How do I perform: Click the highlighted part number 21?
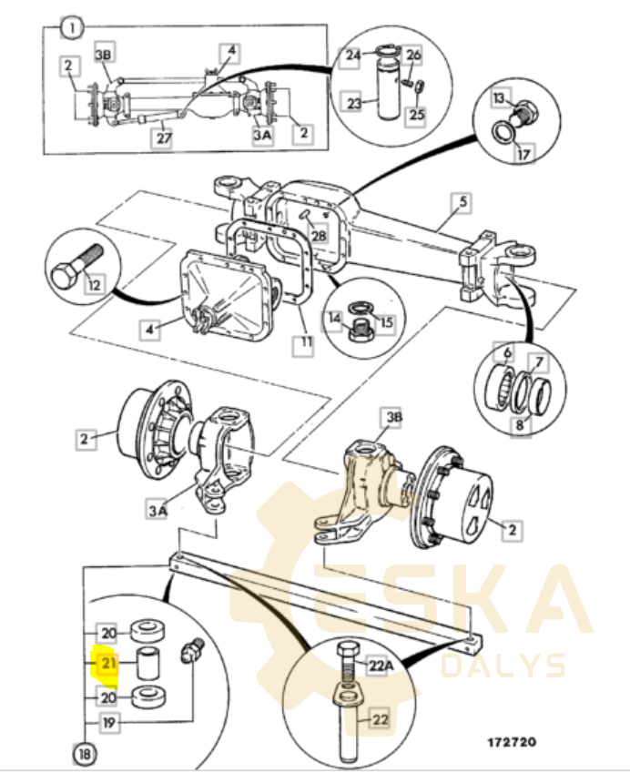pos(108,664)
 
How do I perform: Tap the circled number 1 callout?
pos(72,28)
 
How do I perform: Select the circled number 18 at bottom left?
pos(85,754)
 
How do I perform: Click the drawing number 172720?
pos(512,742)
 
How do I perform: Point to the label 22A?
pos(381,666)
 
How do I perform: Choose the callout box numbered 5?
pos(462,203)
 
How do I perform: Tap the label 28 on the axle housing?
pos(319,235)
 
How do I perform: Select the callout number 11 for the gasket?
pos(306,341)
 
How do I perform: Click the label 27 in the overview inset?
pos(164,137)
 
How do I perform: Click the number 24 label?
pos(353,56)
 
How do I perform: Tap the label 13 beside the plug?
pos(499,99)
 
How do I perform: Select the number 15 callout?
pos(387,322)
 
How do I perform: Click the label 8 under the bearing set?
pos(520,424)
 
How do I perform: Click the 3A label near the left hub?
pos(158,510)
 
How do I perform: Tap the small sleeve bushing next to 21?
pos(147,664)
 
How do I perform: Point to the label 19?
pos(108,723)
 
